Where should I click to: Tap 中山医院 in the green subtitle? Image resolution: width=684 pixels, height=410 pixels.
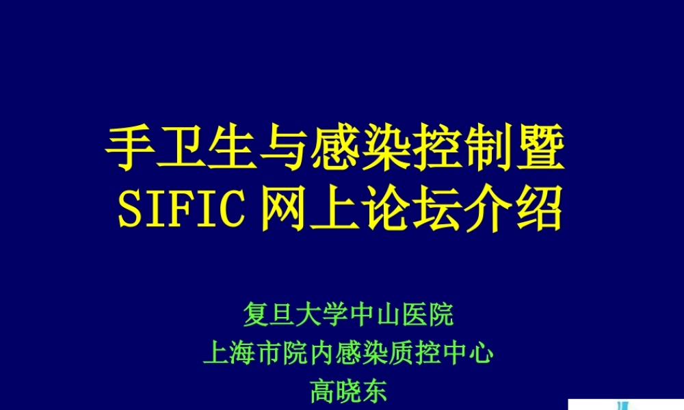point(402,316)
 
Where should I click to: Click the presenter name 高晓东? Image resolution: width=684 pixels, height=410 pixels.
point(349,392)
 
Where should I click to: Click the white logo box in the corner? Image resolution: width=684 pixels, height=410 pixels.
point(626,404)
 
